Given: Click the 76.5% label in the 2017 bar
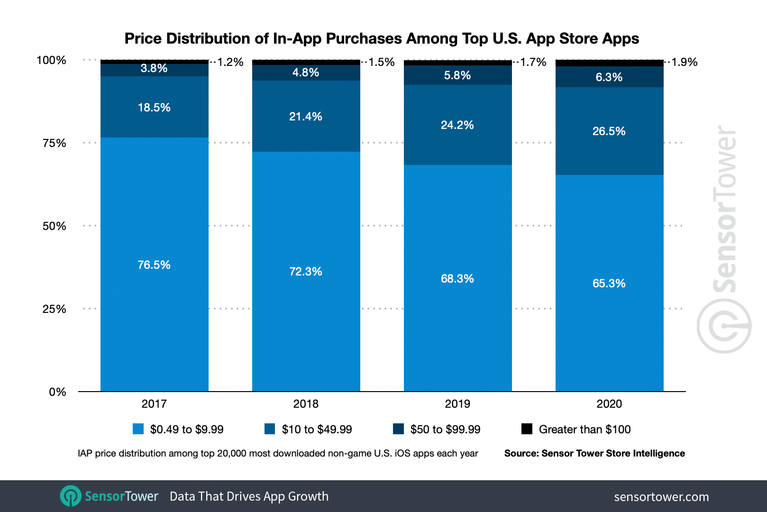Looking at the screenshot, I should [x=154, y=265].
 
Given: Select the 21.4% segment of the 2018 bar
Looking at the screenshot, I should [x=306, y=117].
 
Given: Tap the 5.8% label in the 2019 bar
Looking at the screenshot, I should [x=457, y=75].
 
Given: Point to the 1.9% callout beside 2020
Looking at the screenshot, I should [x=684, y=62].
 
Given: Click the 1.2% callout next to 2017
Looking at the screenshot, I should [x=230, y=62].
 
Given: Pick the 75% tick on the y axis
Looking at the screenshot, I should [x=54, y=143].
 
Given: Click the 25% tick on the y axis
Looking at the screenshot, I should [x=54, y=309].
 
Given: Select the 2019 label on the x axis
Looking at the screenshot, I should [x=457, y=404].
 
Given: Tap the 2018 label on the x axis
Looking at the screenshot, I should [x=306, y=404].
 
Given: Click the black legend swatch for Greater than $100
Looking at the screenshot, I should [x=527, y=429].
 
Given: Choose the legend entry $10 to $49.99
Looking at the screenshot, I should [x=316, y=430].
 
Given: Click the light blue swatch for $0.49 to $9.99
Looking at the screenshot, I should [x=138, y=429].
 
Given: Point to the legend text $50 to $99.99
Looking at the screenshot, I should [x=445, y=430].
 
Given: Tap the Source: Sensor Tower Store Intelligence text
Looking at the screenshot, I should [x=594, y=453].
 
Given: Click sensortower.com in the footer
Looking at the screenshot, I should [x=661, y=497].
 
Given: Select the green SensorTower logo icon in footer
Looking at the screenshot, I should [x=71, y=496].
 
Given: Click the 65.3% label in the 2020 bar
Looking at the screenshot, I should [x=609, y=283].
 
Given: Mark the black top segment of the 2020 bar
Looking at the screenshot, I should [x=609, y=63].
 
